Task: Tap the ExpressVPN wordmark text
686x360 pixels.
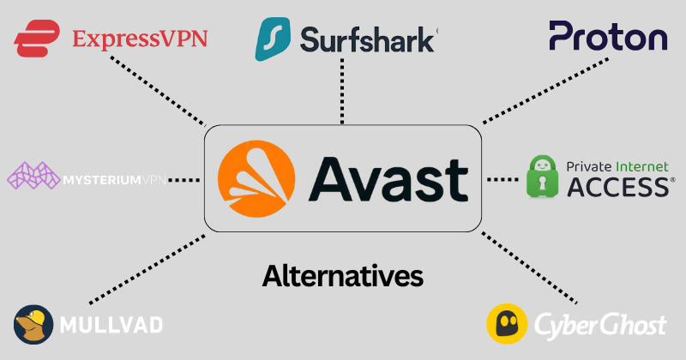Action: point(140,39)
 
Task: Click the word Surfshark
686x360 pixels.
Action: point(369,39)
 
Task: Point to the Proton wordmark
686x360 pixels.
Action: point(608,36)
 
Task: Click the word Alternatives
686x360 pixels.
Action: point(342,276)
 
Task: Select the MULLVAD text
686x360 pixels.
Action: point(111,325)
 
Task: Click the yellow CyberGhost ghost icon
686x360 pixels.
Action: point(507,325)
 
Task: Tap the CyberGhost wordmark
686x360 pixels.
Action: point(600,326)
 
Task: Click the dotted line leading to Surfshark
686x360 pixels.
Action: point(341,94)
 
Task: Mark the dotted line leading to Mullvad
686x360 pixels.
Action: point(146,269)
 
